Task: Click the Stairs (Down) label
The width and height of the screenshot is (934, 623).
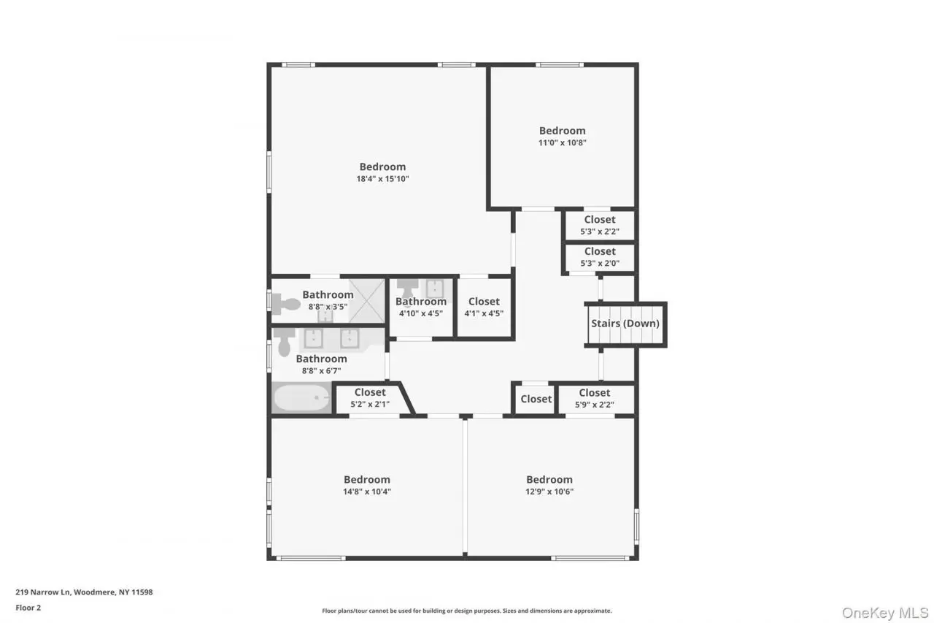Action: (625, 324)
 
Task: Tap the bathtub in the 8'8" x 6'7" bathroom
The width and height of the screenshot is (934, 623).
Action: (301, 397)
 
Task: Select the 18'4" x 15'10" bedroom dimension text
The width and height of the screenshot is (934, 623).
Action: (382, 179)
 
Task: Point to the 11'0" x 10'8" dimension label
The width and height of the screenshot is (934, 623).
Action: (562, 142)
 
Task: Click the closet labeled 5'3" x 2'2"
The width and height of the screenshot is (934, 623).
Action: (600, 226)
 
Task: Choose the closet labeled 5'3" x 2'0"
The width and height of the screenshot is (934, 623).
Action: (600, 257)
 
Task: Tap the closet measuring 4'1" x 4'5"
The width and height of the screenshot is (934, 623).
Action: (484, 307)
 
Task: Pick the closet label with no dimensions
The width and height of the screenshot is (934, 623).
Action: (536, 399)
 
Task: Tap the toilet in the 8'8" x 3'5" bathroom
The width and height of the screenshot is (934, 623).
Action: (286, 303)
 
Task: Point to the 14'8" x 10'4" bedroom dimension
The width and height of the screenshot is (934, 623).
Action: (367, 492)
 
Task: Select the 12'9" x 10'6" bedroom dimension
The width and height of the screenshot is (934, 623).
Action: (549, 492)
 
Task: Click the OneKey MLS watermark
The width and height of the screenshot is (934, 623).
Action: (885, 613)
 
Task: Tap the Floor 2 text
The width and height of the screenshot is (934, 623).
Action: (28, 608)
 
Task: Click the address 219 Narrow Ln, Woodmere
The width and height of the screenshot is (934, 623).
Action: (66, 592)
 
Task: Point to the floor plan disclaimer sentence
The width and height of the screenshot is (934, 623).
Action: (466, 611)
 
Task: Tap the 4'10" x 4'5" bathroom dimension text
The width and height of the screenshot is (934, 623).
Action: (421, 313)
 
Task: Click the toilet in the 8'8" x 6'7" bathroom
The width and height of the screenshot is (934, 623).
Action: (285, 341)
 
